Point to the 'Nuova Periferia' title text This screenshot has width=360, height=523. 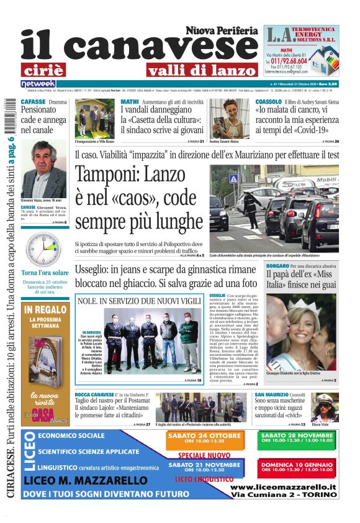click(x=221, y=30)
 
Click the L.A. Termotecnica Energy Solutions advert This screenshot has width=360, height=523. click(x=301, y=50)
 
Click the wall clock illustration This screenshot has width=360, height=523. click(x=44, y=249)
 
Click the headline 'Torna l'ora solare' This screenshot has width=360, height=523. click(x=45, y=273)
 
